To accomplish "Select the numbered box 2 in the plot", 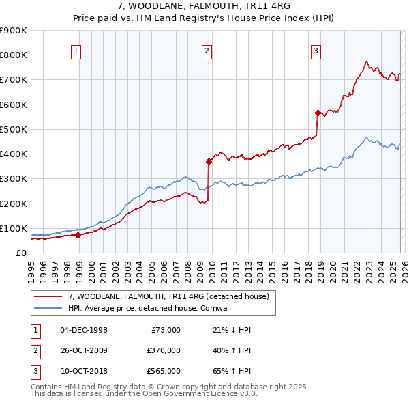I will point(207,50).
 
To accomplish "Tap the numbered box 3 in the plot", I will point(316,50).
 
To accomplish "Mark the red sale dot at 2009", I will point(209,161).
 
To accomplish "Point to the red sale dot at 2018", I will point(318,113).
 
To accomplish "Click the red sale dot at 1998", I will point(78,235).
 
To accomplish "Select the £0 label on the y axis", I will point(20,253).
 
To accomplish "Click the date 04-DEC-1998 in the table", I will point(84,330).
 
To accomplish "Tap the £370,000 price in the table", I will point(163,350).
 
